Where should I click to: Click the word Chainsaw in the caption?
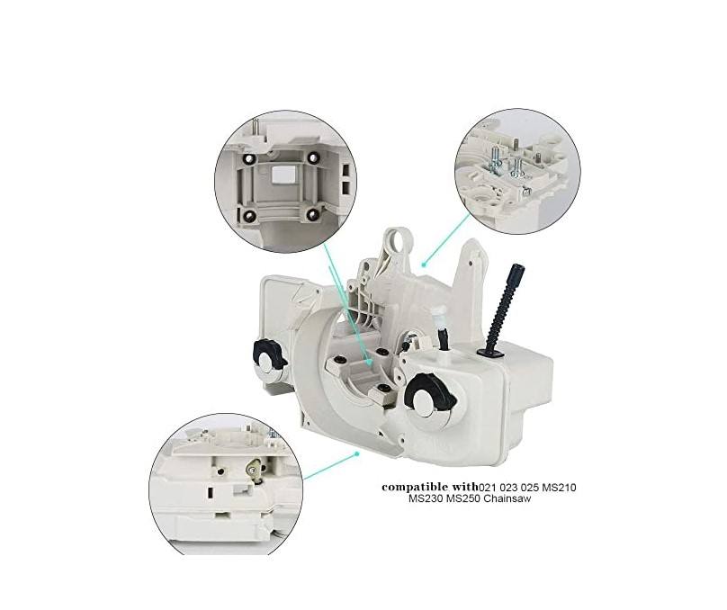pyautogui.click(x=505, y=500)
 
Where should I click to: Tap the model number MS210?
pyautogui.click(x=556, y=488)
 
